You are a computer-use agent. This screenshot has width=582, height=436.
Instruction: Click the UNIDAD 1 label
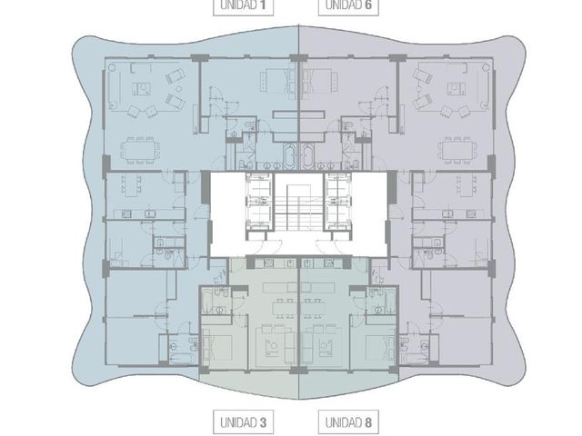point(243,5)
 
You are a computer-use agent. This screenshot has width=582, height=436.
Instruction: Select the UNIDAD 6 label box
point(348,5)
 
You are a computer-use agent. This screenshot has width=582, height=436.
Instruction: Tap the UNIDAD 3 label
point(243,422)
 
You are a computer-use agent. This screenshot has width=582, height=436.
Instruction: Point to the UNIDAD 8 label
point(348,422)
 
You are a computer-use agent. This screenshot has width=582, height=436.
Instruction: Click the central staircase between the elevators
point(298,208)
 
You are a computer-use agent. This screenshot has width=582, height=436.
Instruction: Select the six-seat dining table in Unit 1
point(140,151)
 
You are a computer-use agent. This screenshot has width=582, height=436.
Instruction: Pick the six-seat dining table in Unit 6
point(457,151)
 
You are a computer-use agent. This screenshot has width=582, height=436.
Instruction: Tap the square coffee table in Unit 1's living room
point(142,89)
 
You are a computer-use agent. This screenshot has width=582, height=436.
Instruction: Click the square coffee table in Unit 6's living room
point(457,89)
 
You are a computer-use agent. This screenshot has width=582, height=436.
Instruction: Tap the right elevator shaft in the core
point(337,202)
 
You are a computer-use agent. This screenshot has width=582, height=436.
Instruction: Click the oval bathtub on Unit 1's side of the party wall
point(289,156)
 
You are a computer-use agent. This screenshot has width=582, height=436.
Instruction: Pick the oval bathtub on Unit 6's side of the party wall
point(307,156)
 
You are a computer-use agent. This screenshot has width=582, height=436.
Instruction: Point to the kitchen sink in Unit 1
point(149,214)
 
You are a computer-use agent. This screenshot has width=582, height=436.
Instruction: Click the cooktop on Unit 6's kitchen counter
point(471,214)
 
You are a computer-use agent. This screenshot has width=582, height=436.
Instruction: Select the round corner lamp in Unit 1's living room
point(112,67)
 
